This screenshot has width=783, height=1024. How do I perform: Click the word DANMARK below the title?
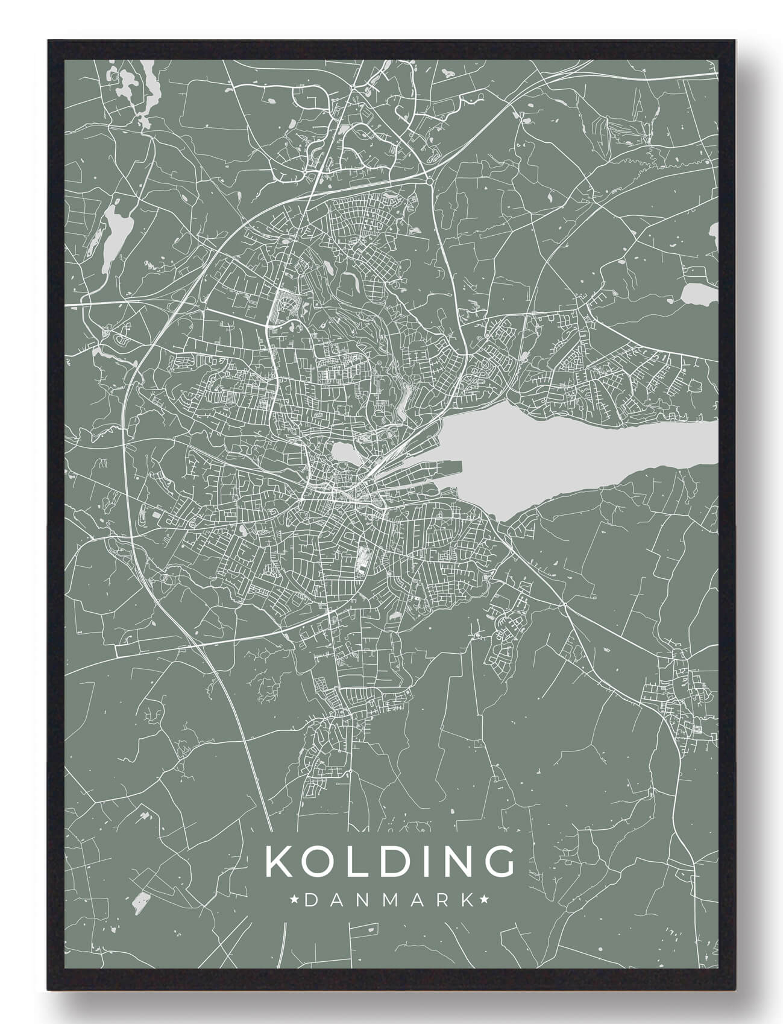pos(389,900)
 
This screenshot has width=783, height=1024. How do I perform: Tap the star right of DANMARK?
pos(484,900)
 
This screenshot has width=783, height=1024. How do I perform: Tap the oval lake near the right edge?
pos(696,294)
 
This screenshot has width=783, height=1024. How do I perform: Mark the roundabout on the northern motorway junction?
pos(429,180)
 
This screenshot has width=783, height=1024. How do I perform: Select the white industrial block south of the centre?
pos(363,558)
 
